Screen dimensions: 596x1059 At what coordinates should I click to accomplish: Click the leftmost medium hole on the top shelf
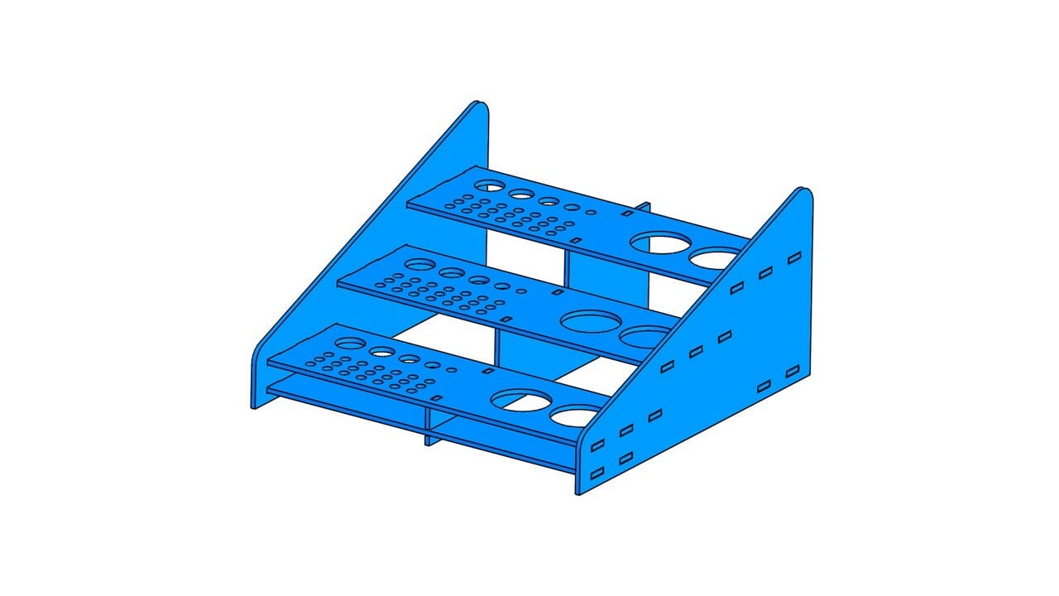click(491, 185)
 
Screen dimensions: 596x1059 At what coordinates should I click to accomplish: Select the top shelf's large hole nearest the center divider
click(659, 243)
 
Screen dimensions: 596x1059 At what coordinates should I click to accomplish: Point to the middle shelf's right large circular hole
click(645, 336)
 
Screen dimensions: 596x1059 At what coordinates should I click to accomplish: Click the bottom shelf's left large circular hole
click(520, 400)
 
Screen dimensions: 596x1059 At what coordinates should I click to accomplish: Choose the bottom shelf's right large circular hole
click(577, 416)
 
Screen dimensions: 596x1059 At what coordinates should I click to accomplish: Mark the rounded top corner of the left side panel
click(478, 106)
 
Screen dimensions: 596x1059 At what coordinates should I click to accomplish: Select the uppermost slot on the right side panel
click(794, 258)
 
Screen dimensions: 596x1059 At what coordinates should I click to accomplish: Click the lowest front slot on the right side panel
click(597, 474)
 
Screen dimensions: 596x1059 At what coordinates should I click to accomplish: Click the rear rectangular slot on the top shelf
click(627, 214)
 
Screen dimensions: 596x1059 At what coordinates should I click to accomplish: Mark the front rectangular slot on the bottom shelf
click(436, 399)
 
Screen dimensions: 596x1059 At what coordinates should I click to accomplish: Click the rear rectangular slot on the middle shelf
click(558, 292)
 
